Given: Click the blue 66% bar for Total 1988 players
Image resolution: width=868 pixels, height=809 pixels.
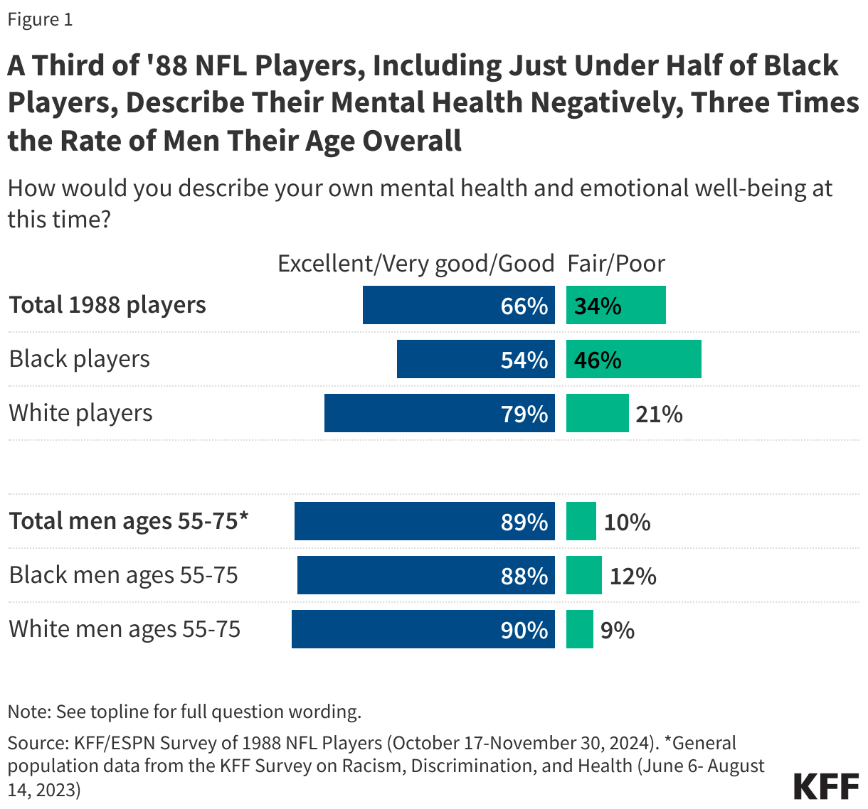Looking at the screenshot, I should tap(458, 305).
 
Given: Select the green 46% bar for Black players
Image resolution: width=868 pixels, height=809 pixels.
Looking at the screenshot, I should tap(633, 359).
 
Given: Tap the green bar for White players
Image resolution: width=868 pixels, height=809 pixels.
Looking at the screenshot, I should tap(597, 413).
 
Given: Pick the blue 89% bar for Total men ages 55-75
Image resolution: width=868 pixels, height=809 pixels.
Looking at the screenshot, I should tap(424, 521).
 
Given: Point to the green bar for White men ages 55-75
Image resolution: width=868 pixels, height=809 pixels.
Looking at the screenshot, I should tap(579, 629).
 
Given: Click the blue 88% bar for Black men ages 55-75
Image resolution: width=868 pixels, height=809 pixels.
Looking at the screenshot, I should tap(425, 575).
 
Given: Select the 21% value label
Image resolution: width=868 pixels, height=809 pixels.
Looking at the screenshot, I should tap(659, 414).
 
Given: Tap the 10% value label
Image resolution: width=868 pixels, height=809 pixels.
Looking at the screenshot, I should tap(627, 522).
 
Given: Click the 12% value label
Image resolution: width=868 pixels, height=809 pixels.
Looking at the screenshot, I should tap(633, 576).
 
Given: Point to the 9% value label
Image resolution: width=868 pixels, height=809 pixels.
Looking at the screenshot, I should tap(617, 630).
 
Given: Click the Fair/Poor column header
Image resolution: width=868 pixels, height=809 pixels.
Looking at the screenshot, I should tap(615, 264).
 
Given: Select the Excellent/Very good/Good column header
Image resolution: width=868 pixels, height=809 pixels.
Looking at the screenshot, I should tap(416, 264).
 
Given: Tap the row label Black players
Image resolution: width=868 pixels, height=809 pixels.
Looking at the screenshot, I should tap(80, 359).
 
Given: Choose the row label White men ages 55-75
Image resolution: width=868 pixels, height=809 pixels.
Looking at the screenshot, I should tap(125, 629).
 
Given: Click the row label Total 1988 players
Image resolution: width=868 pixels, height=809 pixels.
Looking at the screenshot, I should tap(107, 305).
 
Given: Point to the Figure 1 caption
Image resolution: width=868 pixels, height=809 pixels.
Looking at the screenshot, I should tap(40, 19).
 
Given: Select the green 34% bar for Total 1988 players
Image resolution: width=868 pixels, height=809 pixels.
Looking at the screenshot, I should tap(615, 305).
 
